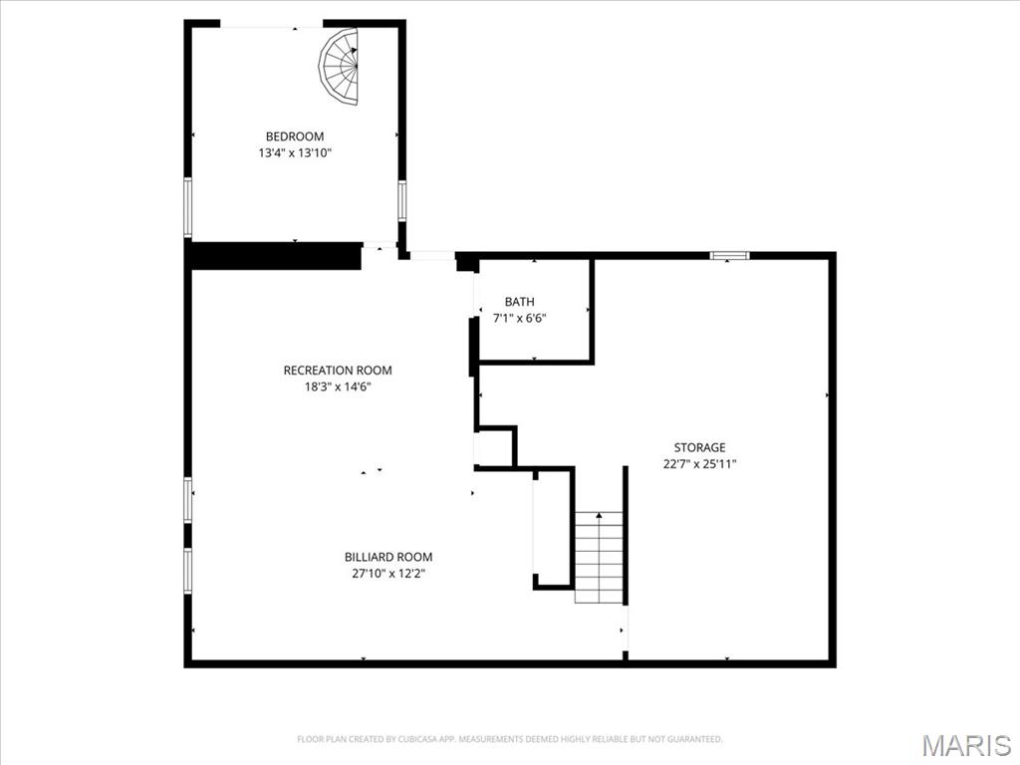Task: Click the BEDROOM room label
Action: pos(294,136)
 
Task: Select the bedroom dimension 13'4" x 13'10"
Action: pos(294,153)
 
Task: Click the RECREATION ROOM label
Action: pos(338,371)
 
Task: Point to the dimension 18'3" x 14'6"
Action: pos(338,386)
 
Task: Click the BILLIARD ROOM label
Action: pos(388,557)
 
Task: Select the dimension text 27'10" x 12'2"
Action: pos(388,573)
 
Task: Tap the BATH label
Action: pos(519,302)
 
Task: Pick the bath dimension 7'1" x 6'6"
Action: pos(519,318)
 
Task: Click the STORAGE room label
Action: pos(699,447)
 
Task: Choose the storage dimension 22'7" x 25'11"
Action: pos(699,463)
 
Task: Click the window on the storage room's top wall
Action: pos(729,256)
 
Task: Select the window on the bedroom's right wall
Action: pos(402,199)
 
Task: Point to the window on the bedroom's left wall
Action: pos(187,206)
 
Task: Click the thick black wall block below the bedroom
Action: pos(275,256)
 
